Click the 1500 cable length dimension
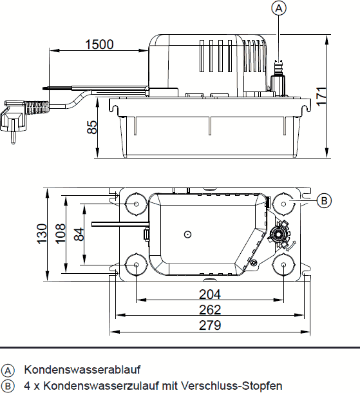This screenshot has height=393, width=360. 99,44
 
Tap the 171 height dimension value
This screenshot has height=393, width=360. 321,97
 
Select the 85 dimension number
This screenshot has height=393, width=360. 92,128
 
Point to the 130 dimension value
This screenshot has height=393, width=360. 42,234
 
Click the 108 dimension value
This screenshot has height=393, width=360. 61,234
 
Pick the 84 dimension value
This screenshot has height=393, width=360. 79,235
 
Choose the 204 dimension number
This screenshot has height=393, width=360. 210,294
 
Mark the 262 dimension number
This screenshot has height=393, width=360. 210,310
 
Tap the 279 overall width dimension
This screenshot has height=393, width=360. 210,325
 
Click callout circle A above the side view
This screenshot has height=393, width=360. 279,8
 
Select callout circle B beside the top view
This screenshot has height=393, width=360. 324,200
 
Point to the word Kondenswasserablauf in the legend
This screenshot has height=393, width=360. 82,370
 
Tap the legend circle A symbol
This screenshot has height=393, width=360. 8,370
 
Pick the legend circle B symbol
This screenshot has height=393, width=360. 8,386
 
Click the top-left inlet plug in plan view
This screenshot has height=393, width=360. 136,204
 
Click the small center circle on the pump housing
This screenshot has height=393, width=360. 187,235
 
